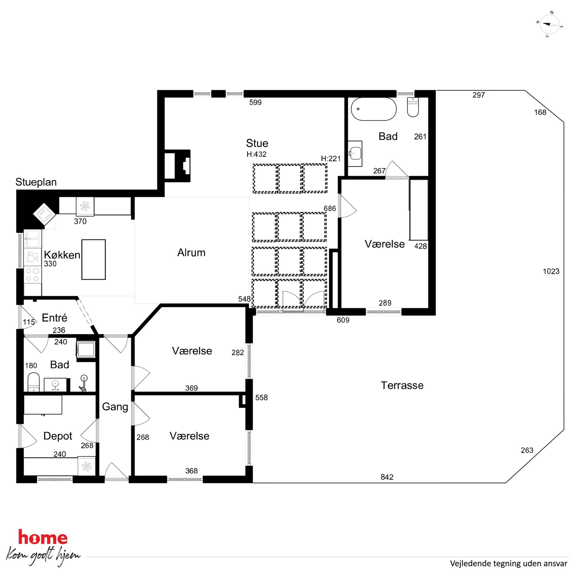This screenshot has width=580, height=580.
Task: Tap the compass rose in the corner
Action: (549, 24)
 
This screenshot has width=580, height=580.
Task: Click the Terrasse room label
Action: (402, 385)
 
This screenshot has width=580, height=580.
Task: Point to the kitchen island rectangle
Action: (94, 259)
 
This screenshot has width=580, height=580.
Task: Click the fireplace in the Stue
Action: (177, 166)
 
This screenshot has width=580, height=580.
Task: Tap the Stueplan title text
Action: (36, 182)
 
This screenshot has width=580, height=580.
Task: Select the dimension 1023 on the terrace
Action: (551, 271)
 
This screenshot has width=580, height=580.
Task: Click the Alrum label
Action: (191, 253)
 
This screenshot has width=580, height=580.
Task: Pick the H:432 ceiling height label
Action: (256, 154)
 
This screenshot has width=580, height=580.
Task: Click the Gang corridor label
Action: (115, 407)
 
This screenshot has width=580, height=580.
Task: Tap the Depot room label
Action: (58, 436)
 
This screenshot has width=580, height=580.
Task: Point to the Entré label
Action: (54, 317)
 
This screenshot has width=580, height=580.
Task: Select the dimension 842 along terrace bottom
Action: (387, 477)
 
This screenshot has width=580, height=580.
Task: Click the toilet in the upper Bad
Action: (413, 107)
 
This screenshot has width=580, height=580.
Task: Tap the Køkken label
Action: (62, 255)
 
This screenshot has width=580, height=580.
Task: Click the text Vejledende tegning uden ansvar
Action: (509, 564)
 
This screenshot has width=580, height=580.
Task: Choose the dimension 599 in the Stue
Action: (255, 102)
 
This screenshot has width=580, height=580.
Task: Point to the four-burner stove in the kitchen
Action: (33, 275)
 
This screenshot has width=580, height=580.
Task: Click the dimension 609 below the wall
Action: (343, 320)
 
